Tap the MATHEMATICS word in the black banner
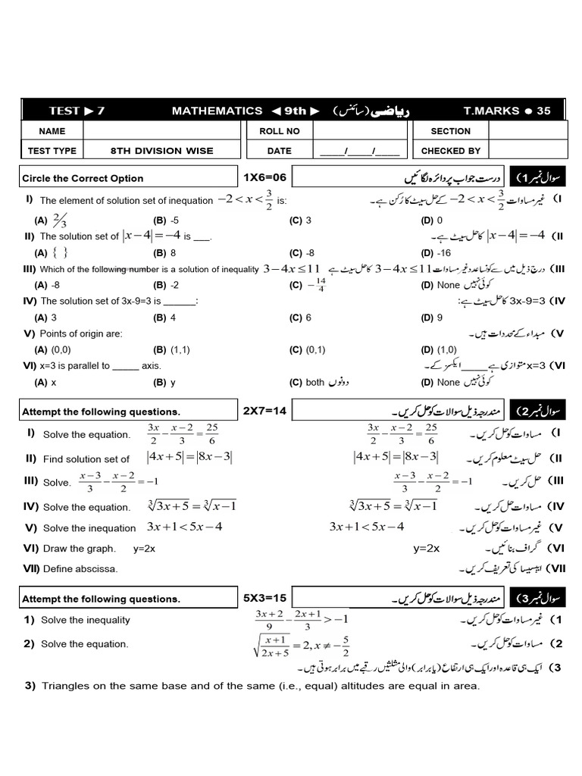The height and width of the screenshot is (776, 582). pyautogui.click(x=217, y=111)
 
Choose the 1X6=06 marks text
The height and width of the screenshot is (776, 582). pyautogui.click(x=264, y=177)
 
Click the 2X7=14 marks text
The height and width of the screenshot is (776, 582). pyautogui.click(x=264, y=411)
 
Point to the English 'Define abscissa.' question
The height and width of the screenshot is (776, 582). pyautogui.click(x=80, y=568)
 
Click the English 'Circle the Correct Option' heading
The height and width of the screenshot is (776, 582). pyautogui.click(x=83, y=178)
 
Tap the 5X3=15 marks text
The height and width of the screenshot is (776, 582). pyautogui.click(x=264, y=598)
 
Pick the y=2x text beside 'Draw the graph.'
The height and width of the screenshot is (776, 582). pyautogui.click(x=144, y=549)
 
